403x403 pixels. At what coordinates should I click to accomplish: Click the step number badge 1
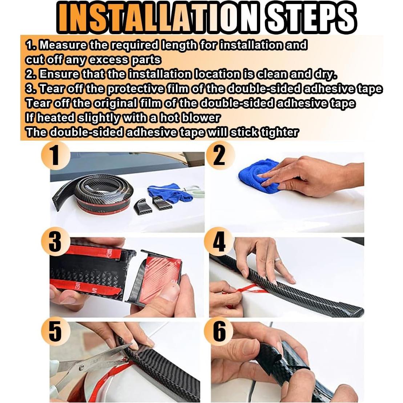click(x=56, y=155)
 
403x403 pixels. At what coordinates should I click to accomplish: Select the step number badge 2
click(x=219, y=155)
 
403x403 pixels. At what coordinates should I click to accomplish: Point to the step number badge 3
click(x=56, y=242)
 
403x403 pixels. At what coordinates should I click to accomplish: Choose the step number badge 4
click(x=219, y=242)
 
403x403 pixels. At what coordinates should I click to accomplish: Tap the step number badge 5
click(x=56, y=331)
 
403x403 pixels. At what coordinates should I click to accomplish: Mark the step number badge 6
click(x=219, y=331)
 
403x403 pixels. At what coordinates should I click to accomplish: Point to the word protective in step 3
click(x=135, y=89)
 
